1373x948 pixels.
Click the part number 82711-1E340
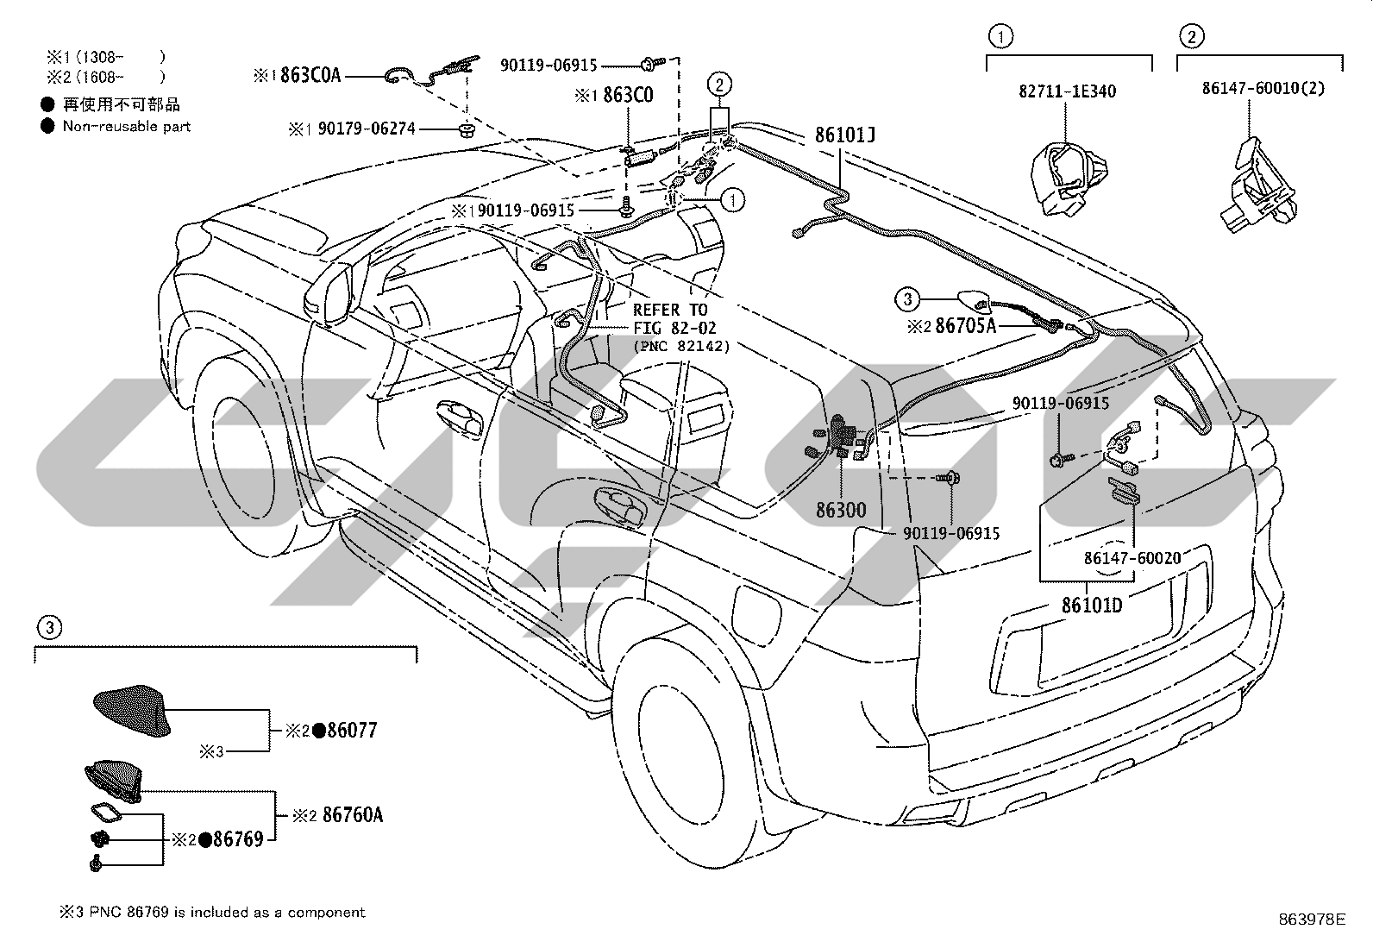click(1067, 91)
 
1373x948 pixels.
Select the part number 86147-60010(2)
click(1263, 88)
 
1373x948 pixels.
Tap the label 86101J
click(844, 135)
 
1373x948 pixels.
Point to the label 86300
click(841, 510)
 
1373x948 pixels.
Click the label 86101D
click(1092, 606)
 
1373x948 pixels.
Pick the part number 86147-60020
click(1132, 558)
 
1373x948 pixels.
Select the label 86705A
click(966, 325)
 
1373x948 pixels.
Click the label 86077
click(353, 730)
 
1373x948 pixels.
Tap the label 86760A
click(353, 814)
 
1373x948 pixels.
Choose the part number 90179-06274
click(367, 129)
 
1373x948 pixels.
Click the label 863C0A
click(310, 75)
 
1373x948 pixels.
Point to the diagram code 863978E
click(1312, 919)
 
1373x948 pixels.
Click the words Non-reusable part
click(126, 126)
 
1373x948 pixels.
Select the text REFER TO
click(670, 310)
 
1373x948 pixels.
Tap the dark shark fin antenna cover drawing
click(133, 710)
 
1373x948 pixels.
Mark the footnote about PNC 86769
click(212, 912)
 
